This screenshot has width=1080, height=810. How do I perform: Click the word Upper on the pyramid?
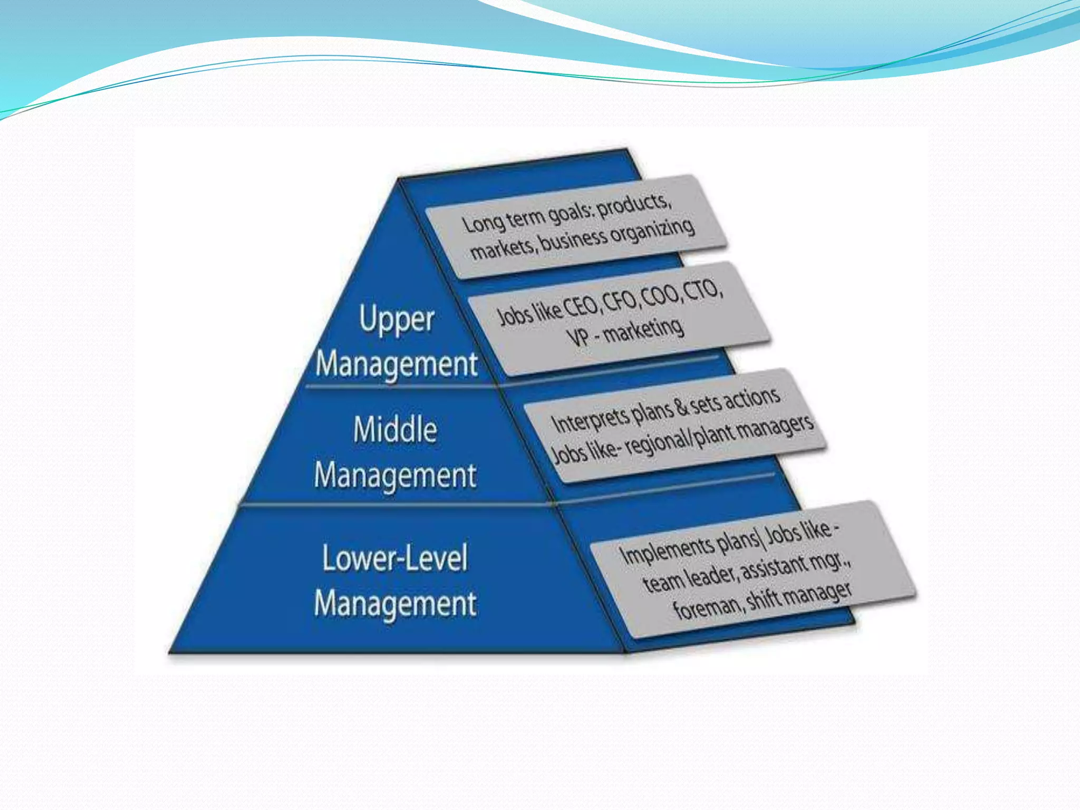tap(397, 320)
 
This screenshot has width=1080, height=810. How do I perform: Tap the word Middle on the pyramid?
tap(395, 430)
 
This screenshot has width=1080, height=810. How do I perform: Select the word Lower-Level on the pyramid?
tap(394, 558)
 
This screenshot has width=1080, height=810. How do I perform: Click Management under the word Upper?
tap(396, 364)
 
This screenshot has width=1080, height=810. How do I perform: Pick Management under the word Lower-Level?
tap(395, 604)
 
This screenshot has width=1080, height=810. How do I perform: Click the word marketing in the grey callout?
tap(643, 329)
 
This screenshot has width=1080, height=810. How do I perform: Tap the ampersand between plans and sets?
tap(681, 407)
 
